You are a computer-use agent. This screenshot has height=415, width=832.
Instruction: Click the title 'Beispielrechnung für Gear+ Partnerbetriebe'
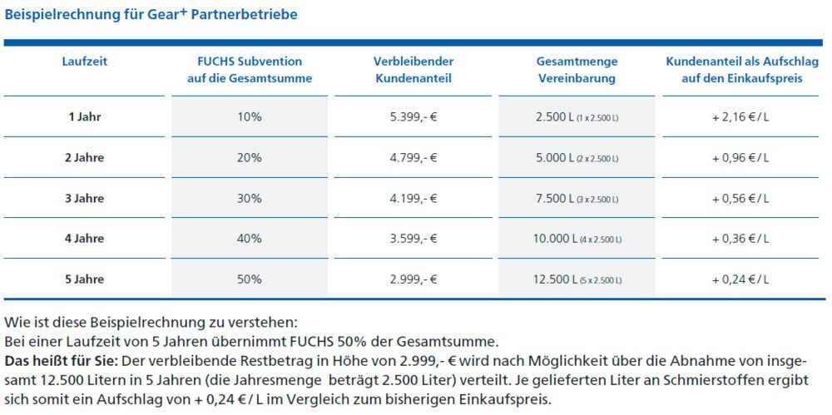pos(151,14)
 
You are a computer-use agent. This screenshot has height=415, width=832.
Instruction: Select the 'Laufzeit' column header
pos(84,62)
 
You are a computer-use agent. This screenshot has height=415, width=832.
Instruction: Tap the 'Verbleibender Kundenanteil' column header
pos(414,70)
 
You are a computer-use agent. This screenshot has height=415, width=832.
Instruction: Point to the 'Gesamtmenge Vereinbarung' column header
pos(577,70)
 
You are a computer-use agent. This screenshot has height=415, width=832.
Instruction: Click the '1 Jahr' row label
pos(84,117)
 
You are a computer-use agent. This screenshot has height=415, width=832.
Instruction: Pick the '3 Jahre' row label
pos(84,199)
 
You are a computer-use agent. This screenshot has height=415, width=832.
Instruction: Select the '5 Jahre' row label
pos(84,279)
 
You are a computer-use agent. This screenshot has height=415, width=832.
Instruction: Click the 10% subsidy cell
pos(250,117)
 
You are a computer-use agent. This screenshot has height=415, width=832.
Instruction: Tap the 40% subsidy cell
pos(250,239)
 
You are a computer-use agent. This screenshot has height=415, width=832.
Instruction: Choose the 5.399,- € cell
pos(414,117)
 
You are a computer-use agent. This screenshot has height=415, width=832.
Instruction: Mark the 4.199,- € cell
pos(414,199)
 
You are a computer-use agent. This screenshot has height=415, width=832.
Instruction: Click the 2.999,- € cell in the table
pos(414,279)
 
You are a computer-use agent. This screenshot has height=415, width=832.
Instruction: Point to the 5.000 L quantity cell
pos(577,158)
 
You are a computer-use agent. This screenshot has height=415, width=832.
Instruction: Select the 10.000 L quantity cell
pos(577,239)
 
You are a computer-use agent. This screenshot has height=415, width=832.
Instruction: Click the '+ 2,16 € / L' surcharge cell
pos(740,117)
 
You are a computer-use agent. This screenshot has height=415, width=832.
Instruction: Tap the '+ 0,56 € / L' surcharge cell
pos(740,199)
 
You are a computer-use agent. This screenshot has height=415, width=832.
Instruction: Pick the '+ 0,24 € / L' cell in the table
pos(740,279)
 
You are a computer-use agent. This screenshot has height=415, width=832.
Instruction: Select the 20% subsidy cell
pos(250,158)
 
